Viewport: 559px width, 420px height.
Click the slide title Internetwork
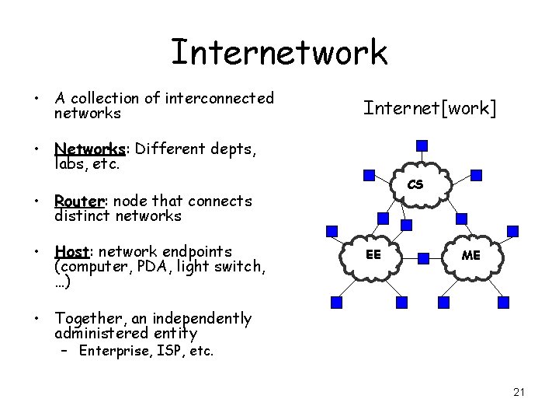point(279,52)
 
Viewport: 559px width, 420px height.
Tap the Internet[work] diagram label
point(429,107)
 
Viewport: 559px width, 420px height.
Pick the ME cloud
point(470,255)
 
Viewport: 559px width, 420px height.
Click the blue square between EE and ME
point(422,256)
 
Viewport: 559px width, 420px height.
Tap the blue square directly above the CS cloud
point(421,145)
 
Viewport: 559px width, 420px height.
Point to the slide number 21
point(519,392)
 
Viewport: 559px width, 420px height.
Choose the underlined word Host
point(71,252)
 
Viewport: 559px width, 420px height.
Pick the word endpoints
point(196,252)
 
